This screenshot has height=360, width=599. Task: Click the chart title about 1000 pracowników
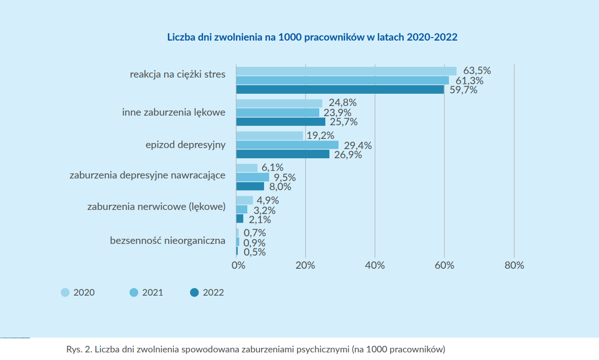click(312, 38)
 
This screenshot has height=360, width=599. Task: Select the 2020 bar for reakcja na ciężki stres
click(346, 71)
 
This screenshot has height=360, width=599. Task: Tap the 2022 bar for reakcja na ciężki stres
click(340, 90)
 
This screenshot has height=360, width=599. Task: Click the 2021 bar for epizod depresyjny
click(287, 145)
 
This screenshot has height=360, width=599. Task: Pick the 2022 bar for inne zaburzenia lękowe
click(281, 122)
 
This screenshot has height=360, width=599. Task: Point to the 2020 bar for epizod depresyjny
click(270, 136)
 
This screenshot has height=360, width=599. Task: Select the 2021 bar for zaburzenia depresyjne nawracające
click(252, 177)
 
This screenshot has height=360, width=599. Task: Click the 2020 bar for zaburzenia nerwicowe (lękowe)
click(244, 200)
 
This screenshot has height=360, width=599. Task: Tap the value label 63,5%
click(477, 70)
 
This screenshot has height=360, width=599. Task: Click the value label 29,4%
click(358, 146)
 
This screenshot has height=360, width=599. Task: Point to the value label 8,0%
click(280, 187)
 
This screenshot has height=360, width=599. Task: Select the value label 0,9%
click(254, 242)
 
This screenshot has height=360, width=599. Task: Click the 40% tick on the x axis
click(375, 265)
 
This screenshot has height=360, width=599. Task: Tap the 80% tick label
click(514, 265)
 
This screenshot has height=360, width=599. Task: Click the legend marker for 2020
click(65, 293)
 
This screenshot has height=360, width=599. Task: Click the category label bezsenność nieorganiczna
click(168, 240)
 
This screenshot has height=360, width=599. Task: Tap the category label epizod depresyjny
click(185, 145)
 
